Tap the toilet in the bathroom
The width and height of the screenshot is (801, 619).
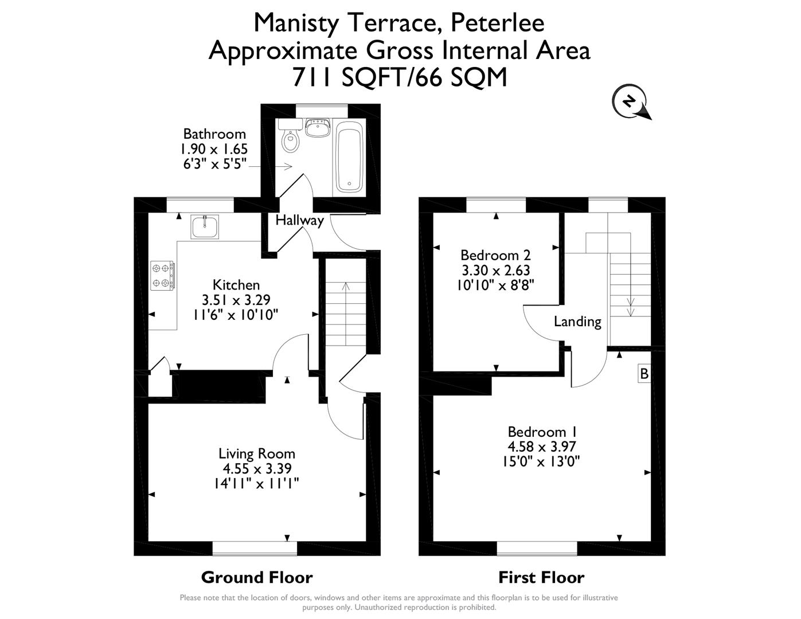point(291,140)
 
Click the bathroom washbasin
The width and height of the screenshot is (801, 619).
point(317,128)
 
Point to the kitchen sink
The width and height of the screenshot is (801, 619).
point(205,227)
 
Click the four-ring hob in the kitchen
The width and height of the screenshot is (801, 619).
point(163,275)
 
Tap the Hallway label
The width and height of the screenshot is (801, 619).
point(299,220)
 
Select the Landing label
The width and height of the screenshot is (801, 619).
point(577,322)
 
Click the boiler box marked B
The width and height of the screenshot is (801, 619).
point(644,374)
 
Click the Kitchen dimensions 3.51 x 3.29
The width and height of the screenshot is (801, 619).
point(236,299)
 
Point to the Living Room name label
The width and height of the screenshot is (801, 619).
point(256,453)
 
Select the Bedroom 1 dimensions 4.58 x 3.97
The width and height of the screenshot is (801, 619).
point(542,446)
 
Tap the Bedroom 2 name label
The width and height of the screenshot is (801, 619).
point(495,255)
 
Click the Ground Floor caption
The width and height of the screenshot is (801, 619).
point(257,577)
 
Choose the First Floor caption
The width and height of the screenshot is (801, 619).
point(541,577)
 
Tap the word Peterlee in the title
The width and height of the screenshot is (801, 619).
point(497,23)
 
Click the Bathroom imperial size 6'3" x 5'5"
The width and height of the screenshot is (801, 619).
point(214,163)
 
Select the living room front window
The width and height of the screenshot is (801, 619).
point(255,549)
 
